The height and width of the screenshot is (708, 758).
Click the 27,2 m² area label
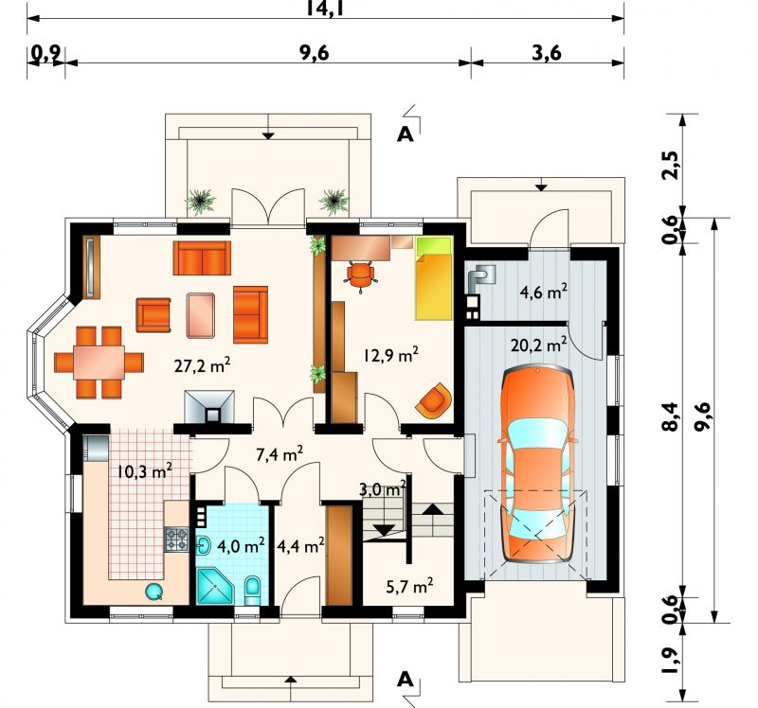[x=202, y=365]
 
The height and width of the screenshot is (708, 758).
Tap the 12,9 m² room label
[x=391, y=355]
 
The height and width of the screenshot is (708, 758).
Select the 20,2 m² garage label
[x=538, y=345]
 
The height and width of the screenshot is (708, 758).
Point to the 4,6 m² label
[x=543, y=292]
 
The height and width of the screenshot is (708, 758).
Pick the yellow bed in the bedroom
[x=434, y=278]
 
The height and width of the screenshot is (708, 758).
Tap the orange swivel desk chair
[x=360, y=275]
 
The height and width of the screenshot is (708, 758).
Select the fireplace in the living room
[x=209, y=407]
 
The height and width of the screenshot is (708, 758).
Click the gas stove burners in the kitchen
[x=176, y=540]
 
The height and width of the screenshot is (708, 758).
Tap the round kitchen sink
[x=154, y=592]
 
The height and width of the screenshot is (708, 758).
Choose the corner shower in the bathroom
[x=215, y=586]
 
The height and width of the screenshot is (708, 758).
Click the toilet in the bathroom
[x=252, y=590]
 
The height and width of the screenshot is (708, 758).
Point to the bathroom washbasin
[x=204, y=546]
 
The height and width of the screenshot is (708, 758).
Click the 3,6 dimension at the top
[x=547, y=53]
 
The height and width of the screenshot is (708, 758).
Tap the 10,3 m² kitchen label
[x=145, y=470]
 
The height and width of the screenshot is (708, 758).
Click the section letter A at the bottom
[x=406, y=680]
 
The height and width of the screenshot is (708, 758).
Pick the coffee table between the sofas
[x=200, y=315]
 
